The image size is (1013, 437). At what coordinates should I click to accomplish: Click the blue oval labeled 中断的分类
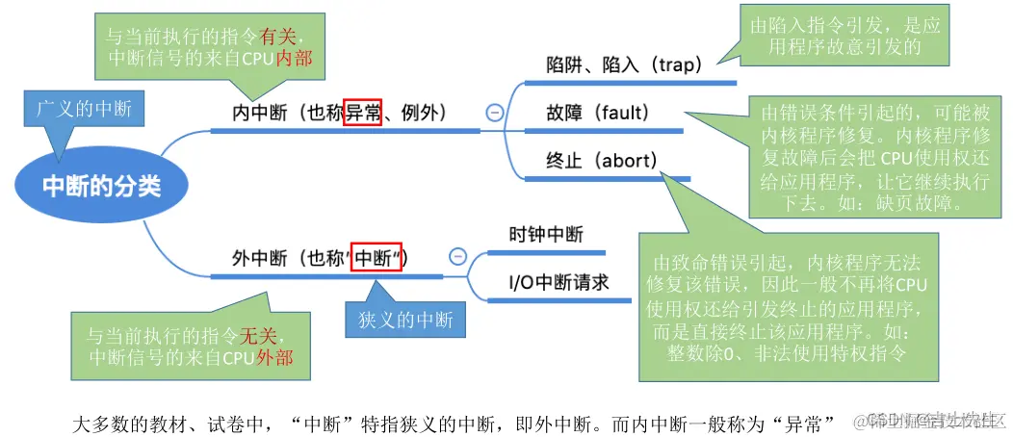(101, 186)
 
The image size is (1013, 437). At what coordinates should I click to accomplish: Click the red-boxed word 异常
(363, 113)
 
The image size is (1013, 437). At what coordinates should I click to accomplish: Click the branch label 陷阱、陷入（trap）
(624, 65)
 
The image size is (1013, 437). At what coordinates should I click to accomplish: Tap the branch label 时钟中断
(546, 234)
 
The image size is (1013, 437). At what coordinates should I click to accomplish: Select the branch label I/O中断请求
(558, 283)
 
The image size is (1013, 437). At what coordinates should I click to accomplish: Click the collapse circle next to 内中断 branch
(494, 113)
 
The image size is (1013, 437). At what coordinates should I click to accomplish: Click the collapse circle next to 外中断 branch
(457, 257)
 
